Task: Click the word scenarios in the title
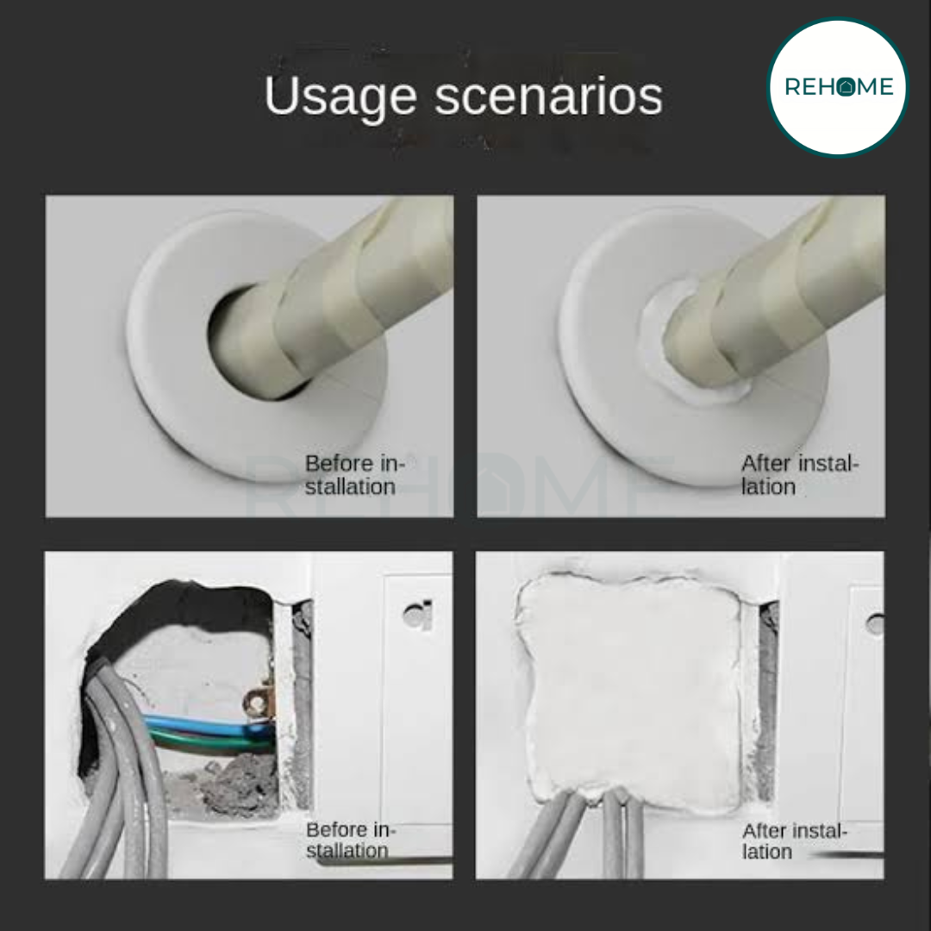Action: pyautogui.click(x=548, y=97)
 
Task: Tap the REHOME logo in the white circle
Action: pyautogui.click(x=839, y=87)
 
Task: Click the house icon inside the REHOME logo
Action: pyautogui.click(x=847, y=87)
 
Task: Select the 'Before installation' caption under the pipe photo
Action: pyautogui.click(x=354, y=475)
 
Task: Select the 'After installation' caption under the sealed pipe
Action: pyautogui.click(x=800, y=475)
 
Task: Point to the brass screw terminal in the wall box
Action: pyautogui.click(x=258, y=703)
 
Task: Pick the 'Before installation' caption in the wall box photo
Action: pyautogui.click(x=350, y=840)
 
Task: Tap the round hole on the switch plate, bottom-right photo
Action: pyautogui.click(x=875, y=624)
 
